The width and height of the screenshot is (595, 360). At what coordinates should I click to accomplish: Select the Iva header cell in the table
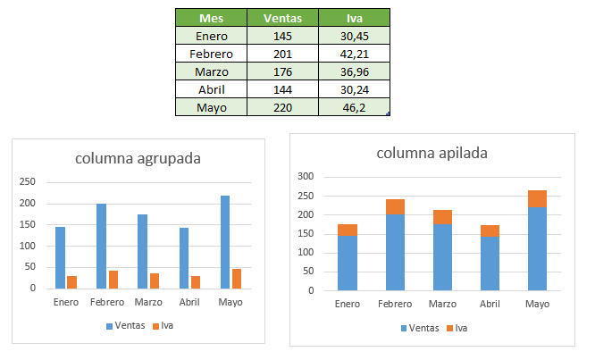pyautogui.click(x=355, y=18)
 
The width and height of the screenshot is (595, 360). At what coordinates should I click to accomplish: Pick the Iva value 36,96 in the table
pyautogui.click(x=355, y=71)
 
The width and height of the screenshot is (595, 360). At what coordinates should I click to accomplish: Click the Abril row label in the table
pyautogui.click(x=213, y=89)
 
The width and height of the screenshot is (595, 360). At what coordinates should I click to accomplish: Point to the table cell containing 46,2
pyautogui.click(x=355, y=107)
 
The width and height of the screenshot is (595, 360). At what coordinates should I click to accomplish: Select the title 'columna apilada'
pyautogui.click(x=432, y=153)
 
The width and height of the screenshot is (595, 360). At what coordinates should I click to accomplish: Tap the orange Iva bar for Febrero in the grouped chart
pyautogui.click(x=113, y=280)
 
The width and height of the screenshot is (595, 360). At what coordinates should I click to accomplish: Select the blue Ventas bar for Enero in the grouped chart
pyautogui.click(x=60, y=257)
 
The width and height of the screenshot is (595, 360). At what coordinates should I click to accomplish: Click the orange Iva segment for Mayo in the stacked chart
pyautogui.click(x=537, y=198)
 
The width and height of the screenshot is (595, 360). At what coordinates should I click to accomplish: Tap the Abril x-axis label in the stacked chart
pyautogui.click(x=490, y=305)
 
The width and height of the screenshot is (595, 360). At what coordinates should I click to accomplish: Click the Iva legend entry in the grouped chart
pyautogui.click(x=162, y=326)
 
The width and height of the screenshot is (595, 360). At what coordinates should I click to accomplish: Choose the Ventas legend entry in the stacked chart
pyautogui.click(x=419, y=328)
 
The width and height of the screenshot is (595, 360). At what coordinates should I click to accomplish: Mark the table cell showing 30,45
pyautogui.click(x=355, y=36)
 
